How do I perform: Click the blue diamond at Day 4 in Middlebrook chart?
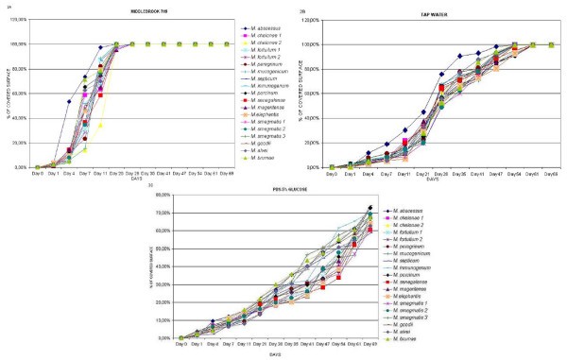click(x=69, y=101)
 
